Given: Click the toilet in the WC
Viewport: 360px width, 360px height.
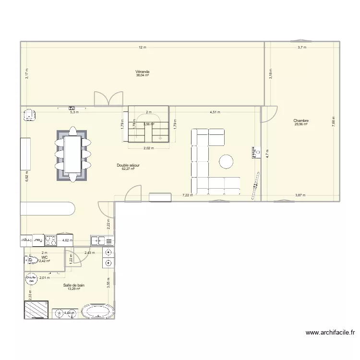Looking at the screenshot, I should click(32, 261).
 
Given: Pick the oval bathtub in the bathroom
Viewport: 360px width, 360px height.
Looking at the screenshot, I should click(98, 312).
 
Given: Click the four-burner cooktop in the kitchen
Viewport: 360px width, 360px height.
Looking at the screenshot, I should click(51, 240).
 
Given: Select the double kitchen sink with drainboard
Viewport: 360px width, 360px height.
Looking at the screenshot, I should click(103, 240).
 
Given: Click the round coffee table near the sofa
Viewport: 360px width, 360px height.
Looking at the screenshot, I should click(227, 162).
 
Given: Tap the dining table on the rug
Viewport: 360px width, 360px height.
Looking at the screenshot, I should click(72, 154).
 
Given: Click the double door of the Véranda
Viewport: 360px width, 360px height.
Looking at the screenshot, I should click(108, 98).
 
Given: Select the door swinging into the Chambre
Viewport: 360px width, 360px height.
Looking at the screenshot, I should click(268, 113).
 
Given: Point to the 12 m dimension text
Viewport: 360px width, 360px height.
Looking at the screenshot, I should click(142, 48).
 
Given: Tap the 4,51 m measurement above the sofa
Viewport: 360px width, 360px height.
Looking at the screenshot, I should click(215, 112).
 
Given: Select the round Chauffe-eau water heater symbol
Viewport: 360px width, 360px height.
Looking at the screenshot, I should click(32, 278).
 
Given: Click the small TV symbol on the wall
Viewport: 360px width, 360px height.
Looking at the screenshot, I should click(72, 108).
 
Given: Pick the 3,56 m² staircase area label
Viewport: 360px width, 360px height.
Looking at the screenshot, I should click(149, 124).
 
